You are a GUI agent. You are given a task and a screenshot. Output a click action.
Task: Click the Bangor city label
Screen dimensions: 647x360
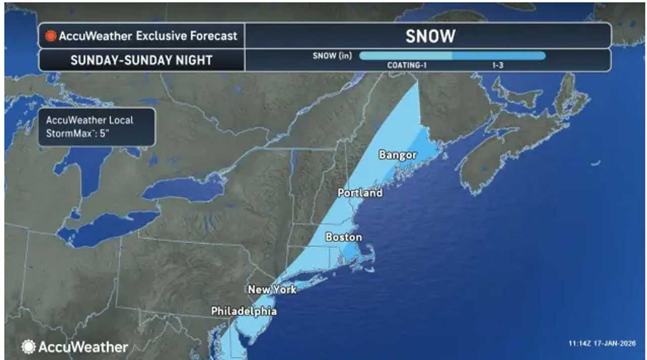point(397,155)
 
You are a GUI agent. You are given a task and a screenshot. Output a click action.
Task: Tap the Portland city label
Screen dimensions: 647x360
point(360,193)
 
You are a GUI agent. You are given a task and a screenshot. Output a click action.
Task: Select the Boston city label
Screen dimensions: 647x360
point(344,237)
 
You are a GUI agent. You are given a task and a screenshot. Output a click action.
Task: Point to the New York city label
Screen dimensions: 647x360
point(272,290)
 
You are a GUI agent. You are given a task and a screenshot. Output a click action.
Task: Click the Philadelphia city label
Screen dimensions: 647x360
point(244,311)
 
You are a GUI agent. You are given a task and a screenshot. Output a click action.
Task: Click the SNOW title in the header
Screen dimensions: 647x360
point(430,36)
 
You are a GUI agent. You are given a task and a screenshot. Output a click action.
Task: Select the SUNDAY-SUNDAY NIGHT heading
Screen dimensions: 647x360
point(142,60)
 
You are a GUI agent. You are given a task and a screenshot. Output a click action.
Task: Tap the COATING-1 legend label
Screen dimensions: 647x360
point(407,65)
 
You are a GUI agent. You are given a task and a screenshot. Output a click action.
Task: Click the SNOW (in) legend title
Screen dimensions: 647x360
point(332,56)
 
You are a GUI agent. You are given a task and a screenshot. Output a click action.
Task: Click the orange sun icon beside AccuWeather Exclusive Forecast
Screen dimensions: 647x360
point(51,36)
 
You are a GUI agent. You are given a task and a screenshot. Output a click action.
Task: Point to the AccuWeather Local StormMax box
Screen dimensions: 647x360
point(97,127)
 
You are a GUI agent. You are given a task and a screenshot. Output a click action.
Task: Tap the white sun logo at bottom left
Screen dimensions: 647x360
point(28,347)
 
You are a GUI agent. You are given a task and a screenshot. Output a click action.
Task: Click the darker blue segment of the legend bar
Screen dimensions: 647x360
point(498,56)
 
